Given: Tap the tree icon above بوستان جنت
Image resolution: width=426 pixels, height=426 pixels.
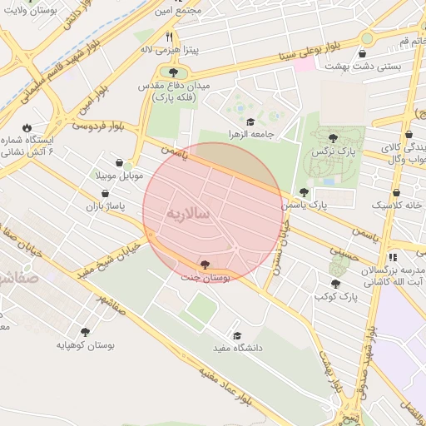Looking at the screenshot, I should click(206, 265).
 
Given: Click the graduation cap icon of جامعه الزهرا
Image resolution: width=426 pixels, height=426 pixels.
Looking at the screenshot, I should click(250, 122).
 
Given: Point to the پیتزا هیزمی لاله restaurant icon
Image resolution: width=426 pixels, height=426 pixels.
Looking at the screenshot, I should click(171, 37).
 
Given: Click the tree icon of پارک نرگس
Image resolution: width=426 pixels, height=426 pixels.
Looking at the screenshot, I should click(334, 139).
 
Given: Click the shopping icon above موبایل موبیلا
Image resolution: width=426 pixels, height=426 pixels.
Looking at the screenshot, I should click(122, 163).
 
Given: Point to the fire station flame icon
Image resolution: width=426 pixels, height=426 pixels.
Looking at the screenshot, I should click(27, 127).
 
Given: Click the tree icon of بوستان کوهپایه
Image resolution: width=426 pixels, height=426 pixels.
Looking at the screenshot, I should click(84, 332).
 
